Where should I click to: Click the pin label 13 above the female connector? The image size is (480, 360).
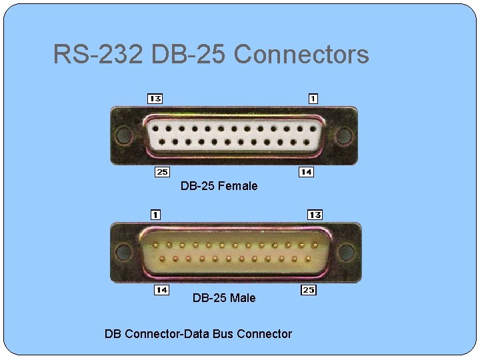click(x=155, y=99)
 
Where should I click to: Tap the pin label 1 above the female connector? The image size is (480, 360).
click(x=313, y=99)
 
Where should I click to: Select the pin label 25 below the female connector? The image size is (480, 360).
click(x=162, y=172)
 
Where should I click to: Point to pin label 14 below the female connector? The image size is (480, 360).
click(x=306, y=172)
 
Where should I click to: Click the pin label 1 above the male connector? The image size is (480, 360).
click(x=155, y=215)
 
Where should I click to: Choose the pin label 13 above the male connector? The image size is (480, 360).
click(x=315, y=215)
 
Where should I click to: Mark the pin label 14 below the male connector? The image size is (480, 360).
click(x=161, y=290)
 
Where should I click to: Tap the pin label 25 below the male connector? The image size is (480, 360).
click(x=309, y=290)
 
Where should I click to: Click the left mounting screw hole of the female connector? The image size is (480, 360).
click(x=123, y=136)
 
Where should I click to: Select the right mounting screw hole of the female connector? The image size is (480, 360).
click(x=343, y=136)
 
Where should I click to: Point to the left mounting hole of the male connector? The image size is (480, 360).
click(x=124, y=251)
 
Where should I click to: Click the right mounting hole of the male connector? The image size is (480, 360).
click(x=347, y=251)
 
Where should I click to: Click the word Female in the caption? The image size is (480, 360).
click(x=237, y=186)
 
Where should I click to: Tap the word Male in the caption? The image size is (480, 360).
click(x=242, y=298)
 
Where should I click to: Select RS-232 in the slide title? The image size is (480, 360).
click(x=98, y=54)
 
